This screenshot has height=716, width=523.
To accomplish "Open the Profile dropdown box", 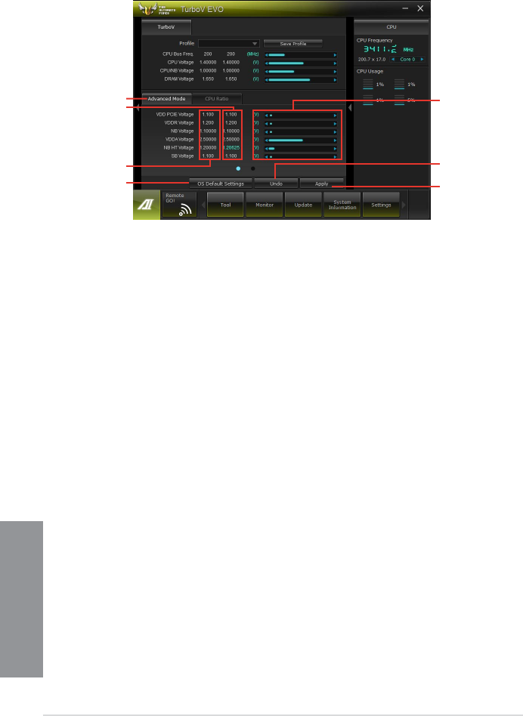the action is [x=229, y=44].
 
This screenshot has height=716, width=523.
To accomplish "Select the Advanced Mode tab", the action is [x=166, y=99].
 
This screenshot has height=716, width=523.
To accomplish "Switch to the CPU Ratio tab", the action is [x=216, y=99].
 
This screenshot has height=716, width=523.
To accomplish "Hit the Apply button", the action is [x=321, y=183].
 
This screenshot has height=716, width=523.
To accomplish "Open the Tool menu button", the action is [x=225, y=205].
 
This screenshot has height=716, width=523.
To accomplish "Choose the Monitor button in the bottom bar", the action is [x=265, y=205].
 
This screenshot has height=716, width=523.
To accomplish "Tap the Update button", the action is [x=303, y=205].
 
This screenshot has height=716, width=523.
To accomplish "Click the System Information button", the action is [x=342, y=205].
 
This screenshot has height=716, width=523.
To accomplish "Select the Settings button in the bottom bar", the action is [x=381, y=205].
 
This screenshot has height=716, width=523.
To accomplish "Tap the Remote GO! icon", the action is [x=179, y=205].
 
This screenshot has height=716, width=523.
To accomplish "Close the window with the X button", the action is [x=420, y=7].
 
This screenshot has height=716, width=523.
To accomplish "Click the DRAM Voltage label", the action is [x=178, y=79].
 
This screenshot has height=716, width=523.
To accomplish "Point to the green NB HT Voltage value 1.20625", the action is [x=232, y=148].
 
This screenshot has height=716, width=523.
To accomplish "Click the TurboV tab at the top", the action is [x=166, y=26].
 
